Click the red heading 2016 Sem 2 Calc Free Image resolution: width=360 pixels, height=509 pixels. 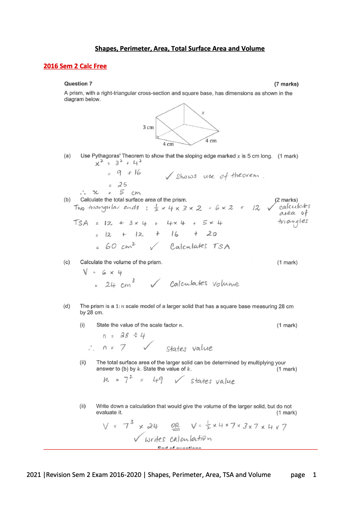tap(75, 66)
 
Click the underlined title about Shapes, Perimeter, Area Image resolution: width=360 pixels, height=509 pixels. tap(180, 49)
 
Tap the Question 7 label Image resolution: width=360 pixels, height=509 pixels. tap(78, 84)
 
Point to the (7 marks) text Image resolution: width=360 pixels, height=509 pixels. tap(286, 84)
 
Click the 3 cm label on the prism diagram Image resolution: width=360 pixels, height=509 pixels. tap(148, 128)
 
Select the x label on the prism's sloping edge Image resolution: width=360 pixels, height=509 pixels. tap(203, 113)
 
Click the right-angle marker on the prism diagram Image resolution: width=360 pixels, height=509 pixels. tap(157, 137)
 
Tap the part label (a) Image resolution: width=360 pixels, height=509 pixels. tap(67, 156)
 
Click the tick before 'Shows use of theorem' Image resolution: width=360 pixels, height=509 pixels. tap(169, 176)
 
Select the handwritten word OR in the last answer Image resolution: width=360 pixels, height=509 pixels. tap(175, 426)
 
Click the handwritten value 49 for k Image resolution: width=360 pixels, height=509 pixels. tap(158, 380)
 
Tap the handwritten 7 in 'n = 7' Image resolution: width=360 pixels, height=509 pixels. tap(123, 348)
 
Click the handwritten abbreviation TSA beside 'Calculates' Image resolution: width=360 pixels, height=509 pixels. tap(221, 247)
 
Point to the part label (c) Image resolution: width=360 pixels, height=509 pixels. tap(67, 262)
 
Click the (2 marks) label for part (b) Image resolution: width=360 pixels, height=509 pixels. tap(286, 200)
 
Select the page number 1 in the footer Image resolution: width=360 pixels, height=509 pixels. tap(315, 475)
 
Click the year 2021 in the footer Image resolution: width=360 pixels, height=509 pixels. tap(34, 475)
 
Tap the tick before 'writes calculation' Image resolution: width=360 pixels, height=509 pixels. tap(139, 437)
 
